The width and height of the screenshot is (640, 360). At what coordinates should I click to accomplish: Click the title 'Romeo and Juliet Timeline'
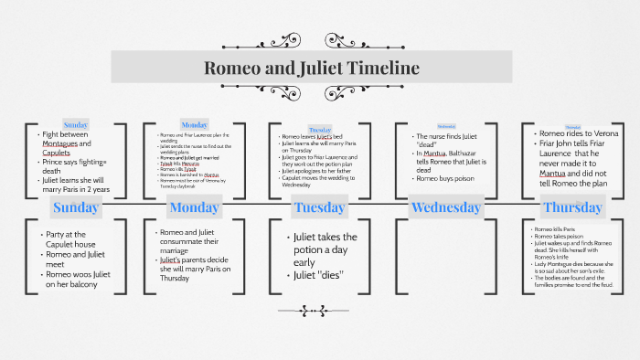[311, 68]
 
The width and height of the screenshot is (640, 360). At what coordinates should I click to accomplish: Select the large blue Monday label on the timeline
[194, 207]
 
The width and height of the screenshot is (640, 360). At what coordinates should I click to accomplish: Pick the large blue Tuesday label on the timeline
[319, 207]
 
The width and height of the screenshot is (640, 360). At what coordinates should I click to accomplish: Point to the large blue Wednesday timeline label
[446, 207]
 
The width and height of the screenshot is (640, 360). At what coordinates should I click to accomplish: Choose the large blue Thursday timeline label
[572, 207]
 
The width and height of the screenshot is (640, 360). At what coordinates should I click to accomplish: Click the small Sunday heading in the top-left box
[76, 124]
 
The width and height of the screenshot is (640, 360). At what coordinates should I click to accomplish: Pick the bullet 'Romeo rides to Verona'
[578, 133]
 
